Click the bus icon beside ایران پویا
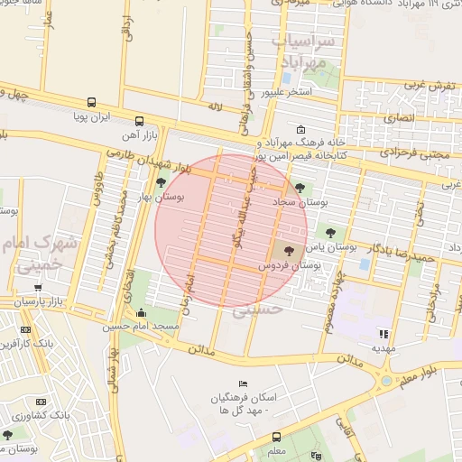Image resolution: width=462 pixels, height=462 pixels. pyautogui.click(x=90, y=103)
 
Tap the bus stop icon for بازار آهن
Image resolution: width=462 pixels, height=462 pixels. pyautogui.click(x=138, y=120)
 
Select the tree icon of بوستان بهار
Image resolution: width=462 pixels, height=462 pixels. pyautogui.click(x=161, y=182)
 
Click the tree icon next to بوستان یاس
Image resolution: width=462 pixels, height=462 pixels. pyautogui.click(x=328, y=231)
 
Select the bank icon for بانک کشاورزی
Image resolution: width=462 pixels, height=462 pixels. pyautogui.click(x=40, y=401)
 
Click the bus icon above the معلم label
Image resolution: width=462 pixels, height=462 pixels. pyautogui.click(x=275, y=436)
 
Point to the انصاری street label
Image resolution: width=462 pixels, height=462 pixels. pyautogui.click(x=397, y=117)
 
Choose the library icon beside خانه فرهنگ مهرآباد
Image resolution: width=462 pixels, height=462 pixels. pyautogui.click(x=300, y=129)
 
